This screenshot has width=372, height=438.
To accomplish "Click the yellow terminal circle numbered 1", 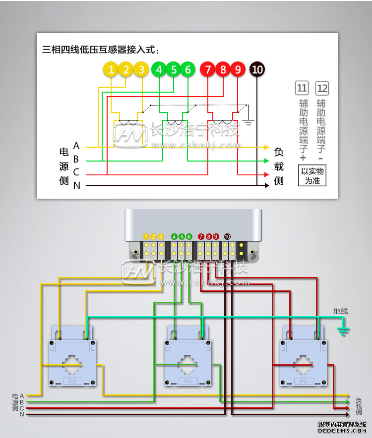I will [x=112, y=70].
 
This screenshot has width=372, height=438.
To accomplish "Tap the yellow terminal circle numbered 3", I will [x=141, y=70].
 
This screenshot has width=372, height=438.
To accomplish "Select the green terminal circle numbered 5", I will [x=174, y=70].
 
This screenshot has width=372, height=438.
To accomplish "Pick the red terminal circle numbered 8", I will [x=223, y=70].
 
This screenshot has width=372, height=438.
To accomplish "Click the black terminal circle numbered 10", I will [x=257, y=70].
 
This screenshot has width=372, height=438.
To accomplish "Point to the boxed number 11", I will [x=302, y=88].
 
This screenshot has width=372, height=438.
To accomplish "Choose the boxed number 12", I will [x=322, y=88].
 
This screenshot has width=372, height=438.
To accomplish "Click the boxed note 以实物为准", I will [x=312, y=175].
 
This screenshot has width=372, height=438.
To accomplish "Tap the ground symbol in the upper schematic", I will [x=250, y=120].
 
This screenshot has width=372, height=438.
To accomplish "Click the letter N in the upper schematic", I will [x=76, y=186].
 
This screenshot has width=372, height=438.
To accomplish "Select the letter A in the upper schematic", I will [x=76, y=146].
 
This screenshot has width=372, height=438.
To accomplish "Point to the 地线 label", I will [x=341, y=311].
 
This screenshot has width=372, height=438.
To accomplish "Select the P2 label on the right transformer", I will [x=303, y=381].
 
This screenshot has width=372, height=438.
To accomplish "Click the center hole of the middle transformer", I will [x=187, y=365].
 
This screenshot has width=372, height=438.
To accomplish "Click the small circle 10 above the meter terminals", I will [x=227, y=236].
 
